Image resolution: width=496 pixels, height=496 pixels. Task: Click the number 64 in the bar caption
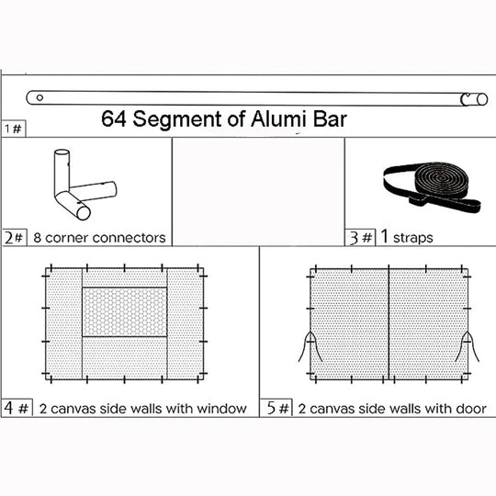(114, 118)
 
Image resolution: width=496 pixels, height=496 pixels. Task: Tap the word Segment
(177, 120)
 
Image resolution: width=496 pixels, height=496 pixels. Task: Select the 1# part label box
(13, 129)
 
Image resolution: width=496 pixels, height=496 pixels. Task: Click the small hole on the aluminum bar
(39, 97)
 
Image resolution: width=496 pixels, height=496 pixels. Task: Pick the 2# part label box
(15, 238)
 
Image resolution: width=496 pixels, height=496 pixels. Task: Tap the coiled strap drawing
(433, 186)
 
